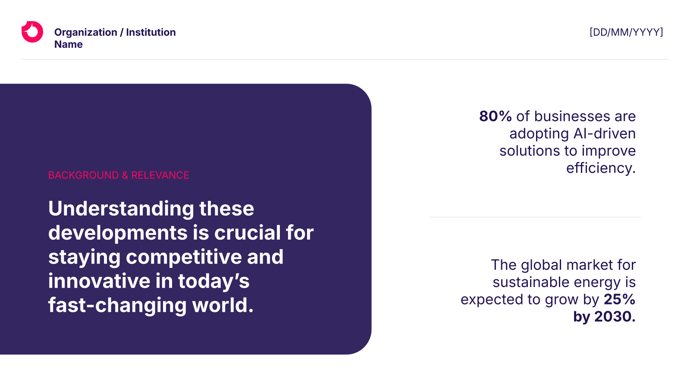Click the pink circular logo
[x=32, y=32]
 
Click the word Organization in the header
[x=86, y=32]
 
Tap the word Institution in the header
[x=151, y=32]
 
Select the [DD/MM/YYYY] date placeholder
[x=626, y=32]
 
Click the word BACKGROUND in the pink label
[x=83, y=175]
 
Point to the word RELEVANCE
[x=160, y=175]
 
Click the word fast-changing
[x=117, y=306]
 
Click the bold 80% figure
[x=496, y=116]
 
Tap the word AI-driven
[x=604, y=134]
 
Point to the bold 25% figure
[x=619, y=299]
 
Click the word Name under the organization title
[x=69, y=44]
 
